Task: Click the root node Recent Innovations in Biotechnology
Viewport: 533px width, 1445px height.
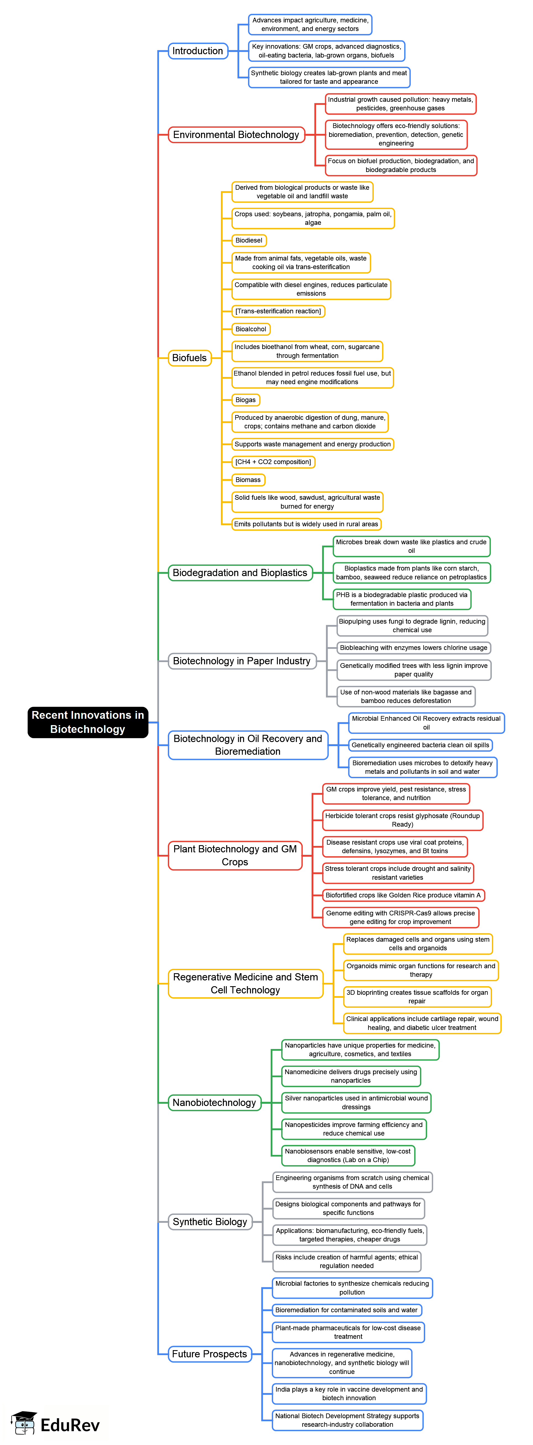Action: click(88, 722)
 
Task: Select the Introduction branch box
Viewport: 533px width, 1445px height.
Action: click(198, 51)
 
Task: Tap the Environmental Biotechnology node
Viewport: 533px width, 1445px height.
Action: click(236, 135)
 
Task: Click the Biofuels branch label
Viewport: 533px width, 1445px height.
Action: click(189, 358)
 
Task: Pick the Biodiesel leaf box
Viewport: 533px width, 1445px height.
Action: click(249, 241)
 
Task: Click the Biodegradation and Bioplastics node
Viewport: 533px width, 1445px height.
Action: click(240, 573)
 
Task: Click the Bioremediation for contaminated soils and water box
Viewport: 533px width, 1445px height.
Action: click(346, 1310)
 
